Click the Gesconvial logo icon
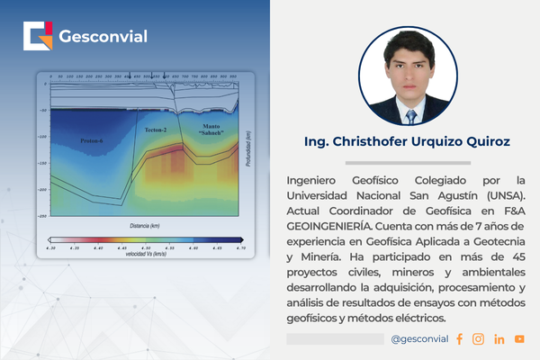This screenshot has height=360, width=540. (39, 37)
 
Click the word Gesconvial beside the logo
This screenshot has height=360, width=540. (103, 37)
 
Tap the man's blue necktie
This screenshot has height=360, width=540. (411, 114)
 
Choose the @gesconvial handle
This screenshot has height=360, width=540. (420, 339)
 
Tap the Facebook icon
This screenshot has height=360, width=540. (459, 339)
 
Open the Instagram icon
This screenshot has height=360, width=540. (479, 339)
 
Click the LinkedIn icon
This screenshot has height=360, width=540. (499, 339)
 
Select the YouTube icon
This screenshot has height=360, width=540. (519, 339)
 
